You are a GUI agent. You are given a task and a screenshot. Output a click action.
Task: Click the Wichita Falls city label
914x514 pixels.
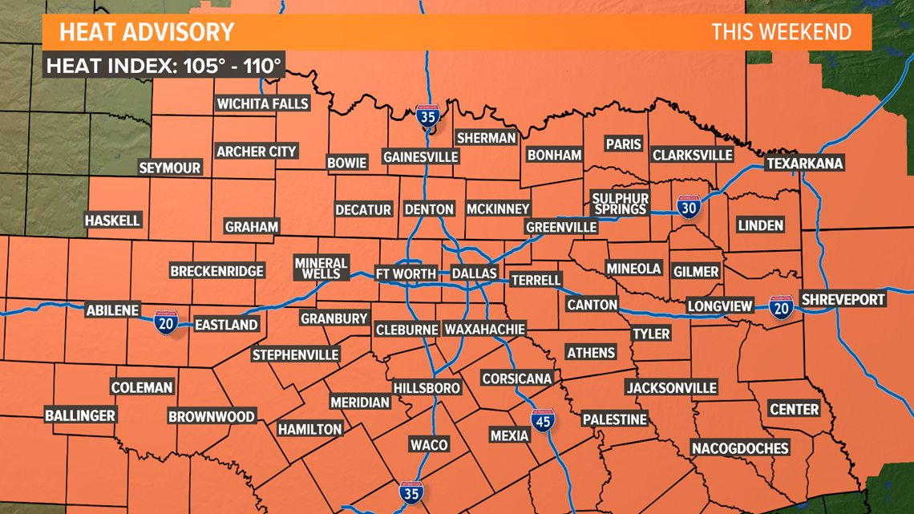pyautogui.click(x=263, y=103)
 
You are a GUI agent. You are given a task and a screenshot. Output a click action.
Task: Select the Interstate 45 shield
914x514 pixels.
pyautogui.click(x=543, y=420)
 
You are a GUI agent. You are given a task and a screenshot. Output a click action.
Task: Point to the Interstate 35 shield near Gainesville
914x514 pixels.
pyautogui.click(x=427, y=117)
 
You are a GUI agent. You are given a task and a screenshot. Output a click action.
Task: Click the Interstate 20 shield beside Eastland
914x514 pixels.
pyautogui.click(x=166, y=322)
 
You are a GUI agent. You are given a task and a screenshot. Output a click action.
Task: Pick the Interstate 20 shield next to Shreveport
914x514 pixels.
pyautogui.click(x=780, y=307)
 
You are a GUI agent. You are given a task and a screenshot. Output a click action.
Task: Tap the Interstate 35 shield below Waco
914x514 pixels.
pyautogui.click(x=410, y=493)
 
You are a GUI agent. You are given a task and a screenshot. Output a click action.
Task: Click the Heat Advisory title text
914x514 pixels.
pyautogui.click(x=147, y=32)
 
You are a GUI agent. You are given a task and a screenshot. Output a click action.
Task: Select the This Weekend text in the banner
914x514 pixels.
pyautogui.click(x=781, y=32)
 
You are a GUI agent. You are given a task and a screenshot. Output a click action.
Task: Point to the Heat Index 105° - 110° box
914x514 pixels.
pyautogui.click(x=164, y=66)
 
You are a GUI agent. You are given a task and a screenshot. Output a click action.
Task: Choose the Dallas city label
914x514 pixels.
pyautogui.click(x=475, y=273)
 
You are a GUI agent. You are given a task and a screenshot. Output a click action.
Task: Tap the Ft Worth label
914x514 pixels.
pyautogui.click(x=406, y=273)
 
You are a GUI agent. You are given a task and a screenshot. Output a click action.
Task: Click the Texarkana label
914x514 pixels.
pyautogui.click(x=805, y=164)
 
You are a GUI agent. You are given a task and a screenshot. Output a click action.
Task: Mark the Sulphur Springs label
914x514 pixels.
pyautogui.click(x=620, y=204)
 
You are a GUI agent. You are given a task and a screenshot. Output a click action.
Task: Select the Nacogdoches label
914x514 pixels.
pyautogui.click(x=740, y=447)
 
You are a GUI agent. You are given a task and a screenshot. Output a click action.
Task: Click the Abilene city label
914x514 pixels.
pyautogui.click(x=113, y=310)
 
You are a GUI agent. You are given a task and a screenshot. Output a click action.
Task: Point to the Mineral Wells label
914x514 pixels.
pyautogui.click(x=321, y=268)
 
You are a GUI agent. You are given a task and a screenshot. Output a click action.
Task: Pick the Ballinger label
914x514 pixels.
pyautogui.click(x=80, y=415)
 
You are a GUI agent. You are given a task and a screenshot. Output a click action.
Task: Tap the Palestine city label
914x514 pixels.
pyautogui.click(x=614, y=419)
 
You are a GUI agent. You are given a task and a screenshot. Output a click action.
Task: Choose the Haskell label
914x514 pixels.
pyautogui.click(x=113, y=220)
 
